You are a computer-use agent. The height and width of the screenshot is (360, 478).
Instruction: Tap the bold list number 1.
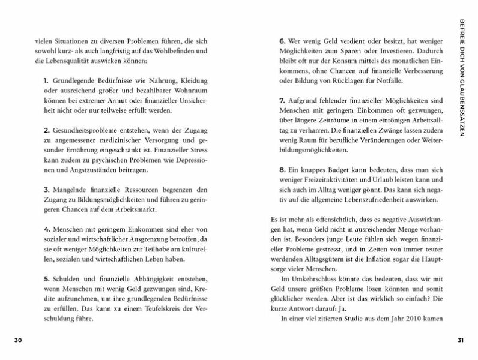(46, 80)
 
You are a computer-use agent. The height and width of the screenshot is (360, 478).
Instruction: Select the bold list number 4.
(46, 229)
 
